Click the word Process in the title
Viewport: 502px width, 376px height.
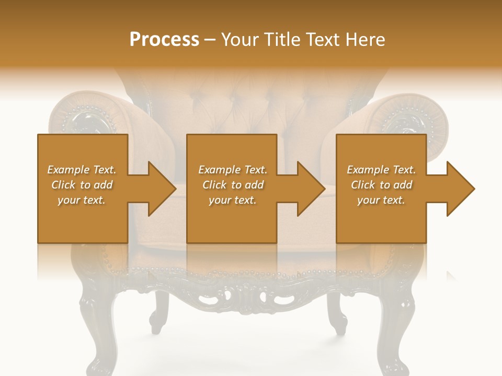pyautogui.click(x=164, y=40)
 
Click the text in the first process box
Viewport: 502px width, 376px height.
pyautogui.click(x=82, y=185)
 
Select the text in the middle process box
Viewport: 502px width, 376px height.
pyautogui.click(x=232, y=185)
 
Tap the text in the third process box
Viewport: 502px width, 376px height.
pyautogui.click(x=381, y=185)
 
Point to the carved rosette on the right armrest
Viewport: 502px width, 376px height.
pyautogui.click(x=413, y=123)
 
